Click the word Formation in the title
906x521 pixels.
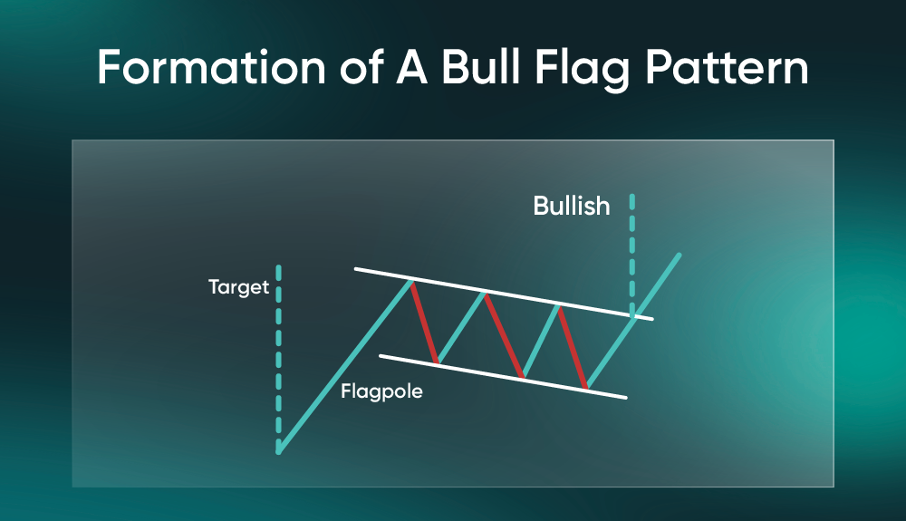(211, 68)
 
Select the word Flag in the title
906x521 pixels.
(582, 69)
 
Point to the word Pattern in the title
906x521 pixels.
(727, 68)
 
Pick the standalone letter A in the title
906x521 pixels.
(412, 68)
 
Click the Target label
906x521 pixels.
(238, 287)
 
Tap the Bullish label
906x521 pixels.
(572, 206)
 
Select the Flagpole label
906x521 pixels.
(381, 391)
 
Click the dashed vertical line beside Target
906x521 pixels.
(278, 356)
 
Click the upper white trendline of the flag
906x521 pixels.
(504, 294)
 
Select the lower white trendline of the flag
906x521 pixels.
(503, 377)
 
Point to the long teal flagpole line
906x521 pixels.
(345, 367)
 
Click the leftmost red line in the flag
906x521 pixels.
(424, 322)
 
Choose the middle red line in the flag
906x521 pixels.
(505, 335)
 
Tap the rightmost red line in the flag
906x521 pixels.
(573, 346)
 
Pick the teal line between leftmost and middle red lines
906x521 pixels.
(461, 328)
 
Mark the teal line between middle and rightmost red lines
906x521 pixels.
(541, 341)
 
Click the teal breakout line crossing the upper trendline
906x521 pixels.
(633, 321)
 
